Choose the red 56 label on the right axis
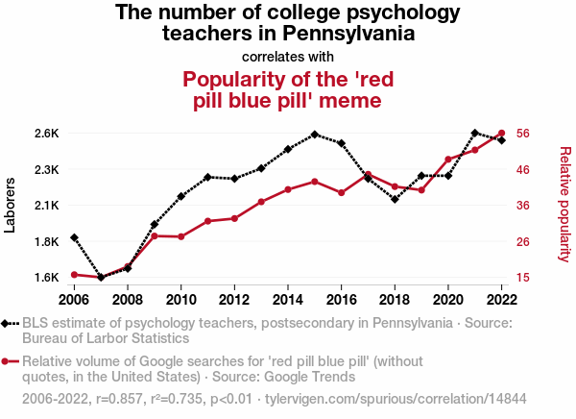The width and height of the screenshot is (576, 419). tap(524, 133)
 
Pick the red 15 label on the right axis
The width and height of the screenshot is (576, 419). tap(524, 278)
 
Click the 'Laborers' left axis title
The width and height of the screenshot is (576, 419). tap(11, 205)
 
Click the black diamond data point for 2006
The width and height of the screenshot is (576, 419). tap(74, 237)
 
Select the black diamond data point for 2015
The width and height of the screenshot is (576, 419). tap(315, 135)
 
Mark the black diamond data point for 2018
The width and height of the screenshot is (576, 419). tap(395, 199)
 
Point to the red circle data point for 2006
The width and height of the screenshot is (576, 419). tap(74, 275)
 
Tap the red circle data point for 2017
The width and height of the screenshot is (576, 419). tap(368, 175)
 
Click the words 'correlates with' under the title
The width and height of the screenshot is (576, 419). tap(288, 57)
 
